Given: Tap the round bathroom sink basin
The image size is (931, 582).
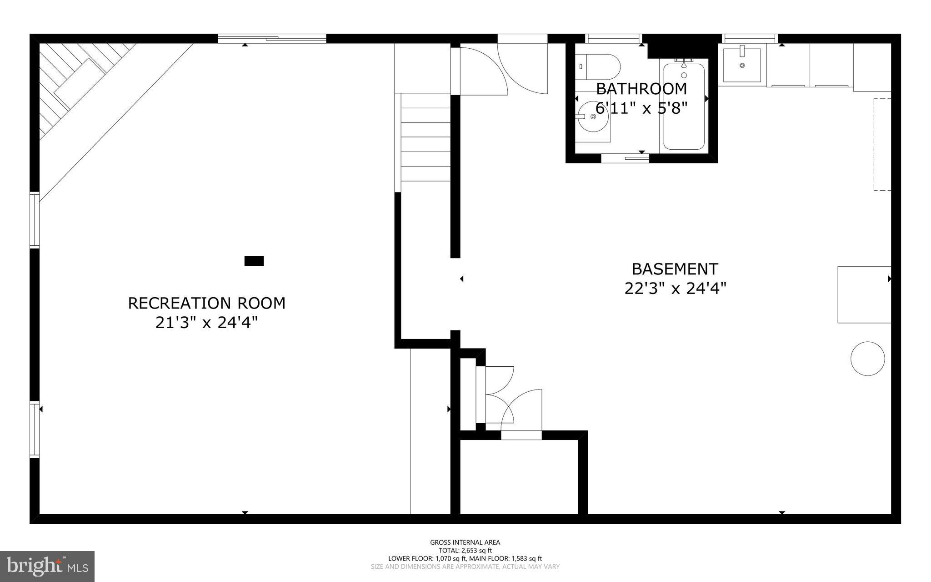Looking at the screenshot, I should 593,117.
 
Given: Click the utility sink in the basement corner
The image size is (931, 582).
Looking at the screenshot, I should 742,66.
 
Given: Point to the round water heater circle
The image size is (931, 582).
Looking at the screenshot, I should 867,359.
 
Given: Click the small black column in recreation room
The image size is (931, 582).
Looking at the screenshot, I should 254,261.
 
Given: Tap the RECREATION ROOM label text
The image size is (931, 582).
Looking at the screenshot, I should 206,303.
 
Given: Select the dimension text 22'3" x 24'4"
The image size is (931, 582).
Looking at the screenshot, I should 675,288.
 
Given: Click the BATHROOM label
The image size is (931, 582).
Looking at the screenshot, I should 641,88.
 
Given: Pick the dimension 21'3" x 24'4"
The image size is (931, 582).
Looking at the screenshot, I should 206,323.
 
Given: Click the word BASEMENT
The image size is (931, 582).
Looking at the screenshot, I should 675,269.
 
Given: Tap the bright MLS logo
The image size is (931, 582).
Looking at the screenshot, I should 47,566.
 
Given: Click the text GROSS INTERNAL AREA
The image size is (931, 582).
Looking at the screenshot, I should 465,542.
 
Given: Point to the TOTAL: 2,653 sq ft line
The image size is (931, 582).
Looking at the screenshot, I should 465,550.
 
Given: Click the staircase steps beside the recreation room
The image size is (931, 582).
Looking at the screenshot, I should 425,137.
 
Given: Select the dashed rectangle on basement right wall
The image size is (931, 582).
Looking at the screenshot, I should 882,144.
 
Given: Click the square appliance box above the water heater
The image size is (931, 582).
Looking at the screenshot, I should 864,294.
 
